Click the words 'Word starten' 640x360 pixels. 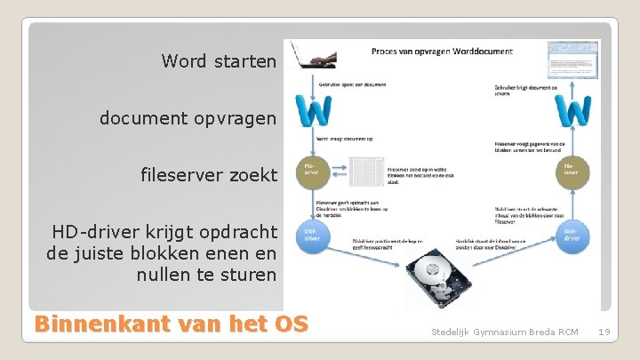pyautogui.click(x=219, y=61)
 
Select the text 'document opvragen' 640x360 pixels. pyautogui.click(x=188, y=117)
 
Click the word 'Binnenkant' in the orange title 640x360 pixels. pyautogui.click(x=94, y=324)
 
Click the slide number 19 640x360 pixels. pyautogui.click(x=604, y=332)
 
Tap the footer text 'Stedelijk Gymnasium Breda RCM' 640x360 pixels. pyautogui.click(x=504, y=332)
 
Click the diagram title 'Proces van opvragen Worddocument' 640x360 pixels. pyautogui.click(x=442, y=52)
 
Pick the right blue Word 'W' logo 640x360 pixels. pyautogui.click(x=572, y=112)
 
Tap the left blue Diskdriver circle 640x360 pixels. pyautogui.click(x=311, y=234)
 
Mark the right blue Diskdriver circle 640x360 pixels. pyautogui.click(x=572, y=234)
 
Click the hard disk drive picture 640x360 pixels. pyautogui.click(x=435, y=275)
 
